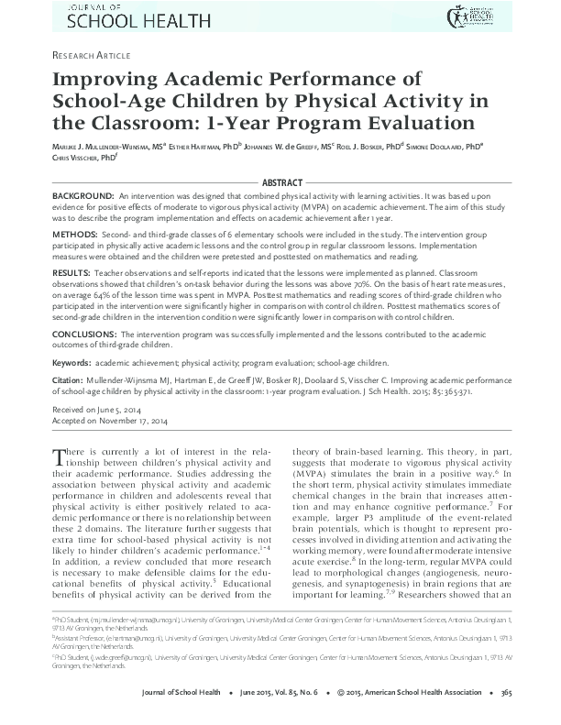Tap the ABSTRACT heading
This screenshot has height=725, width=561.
pyautogui.click(x=280, y=182)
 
